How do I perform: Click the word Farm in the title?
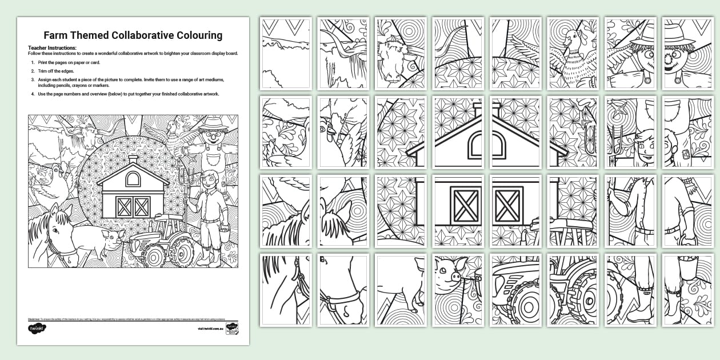[57, 35]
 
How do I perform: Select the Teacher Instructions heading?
[52, 47]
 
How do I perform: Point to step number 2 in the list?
[32, 70]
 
